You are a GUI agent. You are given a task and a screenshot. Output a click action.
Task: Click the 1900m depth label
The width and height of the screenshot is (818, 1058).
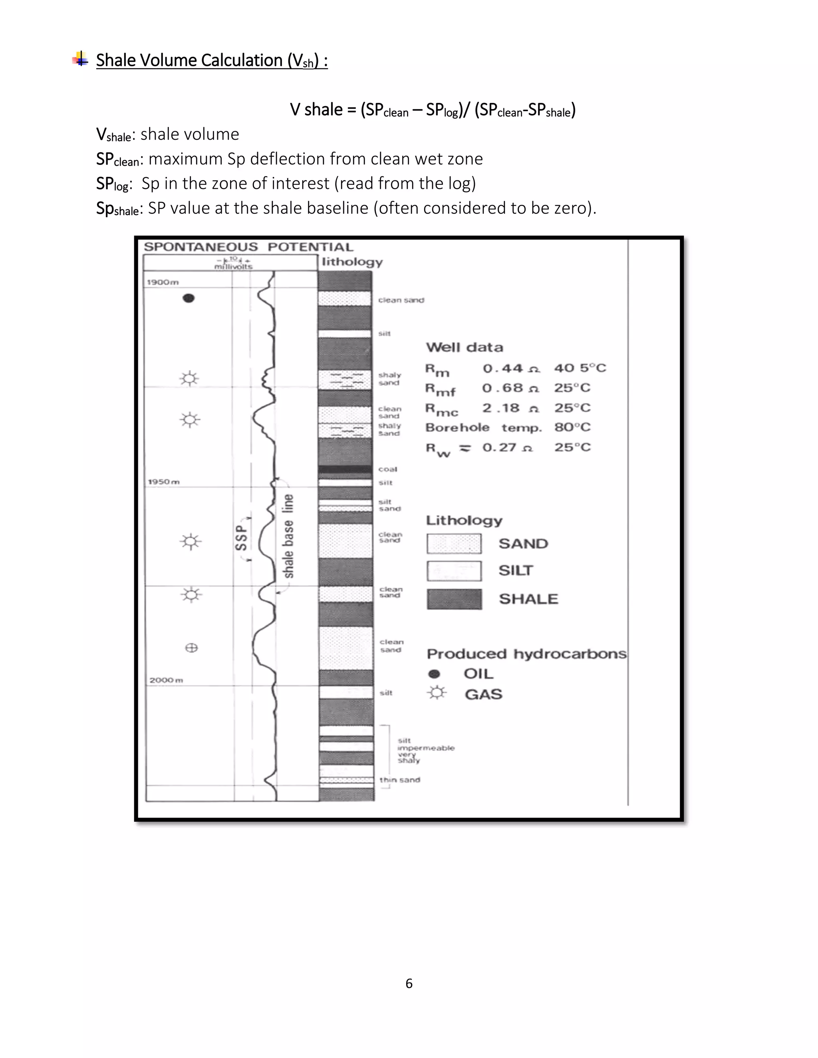click(x=163, y=282)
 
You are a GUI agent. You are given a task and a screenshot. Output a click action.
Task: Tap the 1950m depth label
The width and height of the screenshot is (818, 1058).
click(x=164, y=481)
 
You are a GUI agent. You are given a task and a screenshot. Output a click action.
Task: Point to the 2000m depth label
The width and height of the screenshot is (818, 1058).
click(x=166, y=680)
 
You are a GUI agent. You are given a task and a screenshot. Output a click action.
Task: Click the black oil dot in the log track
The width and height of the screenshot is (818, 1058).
click(x=189, y=298)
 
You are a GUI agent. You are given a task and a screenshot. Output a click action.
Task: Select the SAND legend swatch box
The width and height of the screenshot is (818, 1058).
click(x=454, y=543)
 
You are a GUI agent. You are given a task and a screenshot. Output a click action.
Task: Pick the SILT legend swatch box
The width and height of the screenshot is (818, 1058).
click(x=454, y=571)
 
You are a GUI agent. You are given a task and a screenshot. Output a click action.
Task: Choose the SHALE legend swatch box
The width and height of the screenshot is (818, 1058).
click(x=454, y=599)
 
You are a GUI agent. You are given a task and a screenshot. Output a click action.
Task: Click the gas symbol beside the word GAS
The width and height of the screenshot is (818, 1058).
click(x=437, y=693)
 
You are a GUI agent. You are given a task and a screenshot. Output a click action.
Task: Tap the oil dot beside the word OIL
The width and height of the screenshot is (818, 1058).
click(x=435, y=674)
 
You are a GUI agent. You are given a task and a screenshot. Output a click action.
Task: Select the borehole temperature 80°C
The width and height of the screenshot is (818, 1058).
click(x=572, y=427)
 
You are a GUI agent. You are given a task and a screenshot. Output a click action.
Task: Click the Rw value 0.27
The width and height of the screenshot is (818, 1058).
click(x=499, y=447)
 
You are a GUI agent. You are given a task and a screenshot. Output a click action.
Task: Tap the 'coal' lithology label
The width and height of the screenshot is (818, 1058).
click(x=388, y=469)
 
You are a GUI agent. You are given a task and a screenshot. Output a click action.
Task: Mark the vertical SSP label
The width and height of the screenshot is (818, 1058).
click(x=241, y=538)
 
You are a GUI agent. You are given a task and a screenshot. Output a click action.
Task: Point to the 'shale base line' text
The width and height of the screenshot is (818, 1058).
click(x=288, y=536)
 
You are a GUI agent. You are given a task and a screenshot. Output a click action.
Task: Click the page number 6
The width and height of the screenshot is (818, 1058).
click(x=409, y=983)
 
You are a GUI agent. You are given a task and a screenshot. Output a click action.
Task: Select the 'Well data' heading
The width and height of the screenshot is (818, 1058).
click(x=464, y=347)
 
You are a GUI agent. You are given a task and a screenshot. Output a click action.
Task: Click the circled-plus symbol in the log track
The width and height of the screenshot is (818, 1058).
click(x=191, y=648)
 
